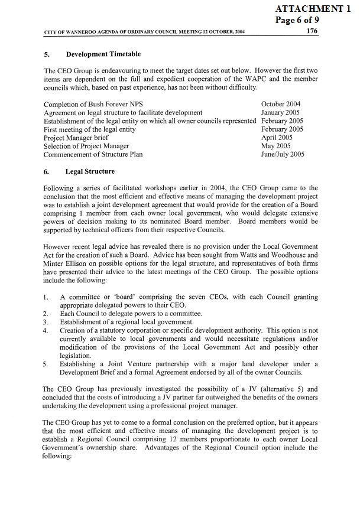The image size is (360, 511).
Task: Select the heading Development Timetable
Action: click(103, 54)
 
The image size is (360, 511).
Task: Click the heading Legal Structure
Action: click(90, 171)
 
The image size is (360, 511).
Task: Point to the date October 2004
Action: click(281, 104)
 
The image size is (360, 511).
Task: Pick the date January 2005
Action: click(280, 112)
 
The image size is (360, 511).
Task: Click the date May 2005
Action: click(275, 146)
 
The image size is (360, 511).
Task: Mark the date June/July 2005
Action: click(283, 154)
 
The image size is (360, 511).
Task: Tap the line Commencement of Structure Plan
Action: click(93, 154)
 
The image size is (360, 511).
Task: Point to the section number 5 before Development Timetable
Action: click(46, 54)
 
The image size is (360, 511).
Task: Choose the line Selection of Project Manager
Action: click(86, 146)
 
